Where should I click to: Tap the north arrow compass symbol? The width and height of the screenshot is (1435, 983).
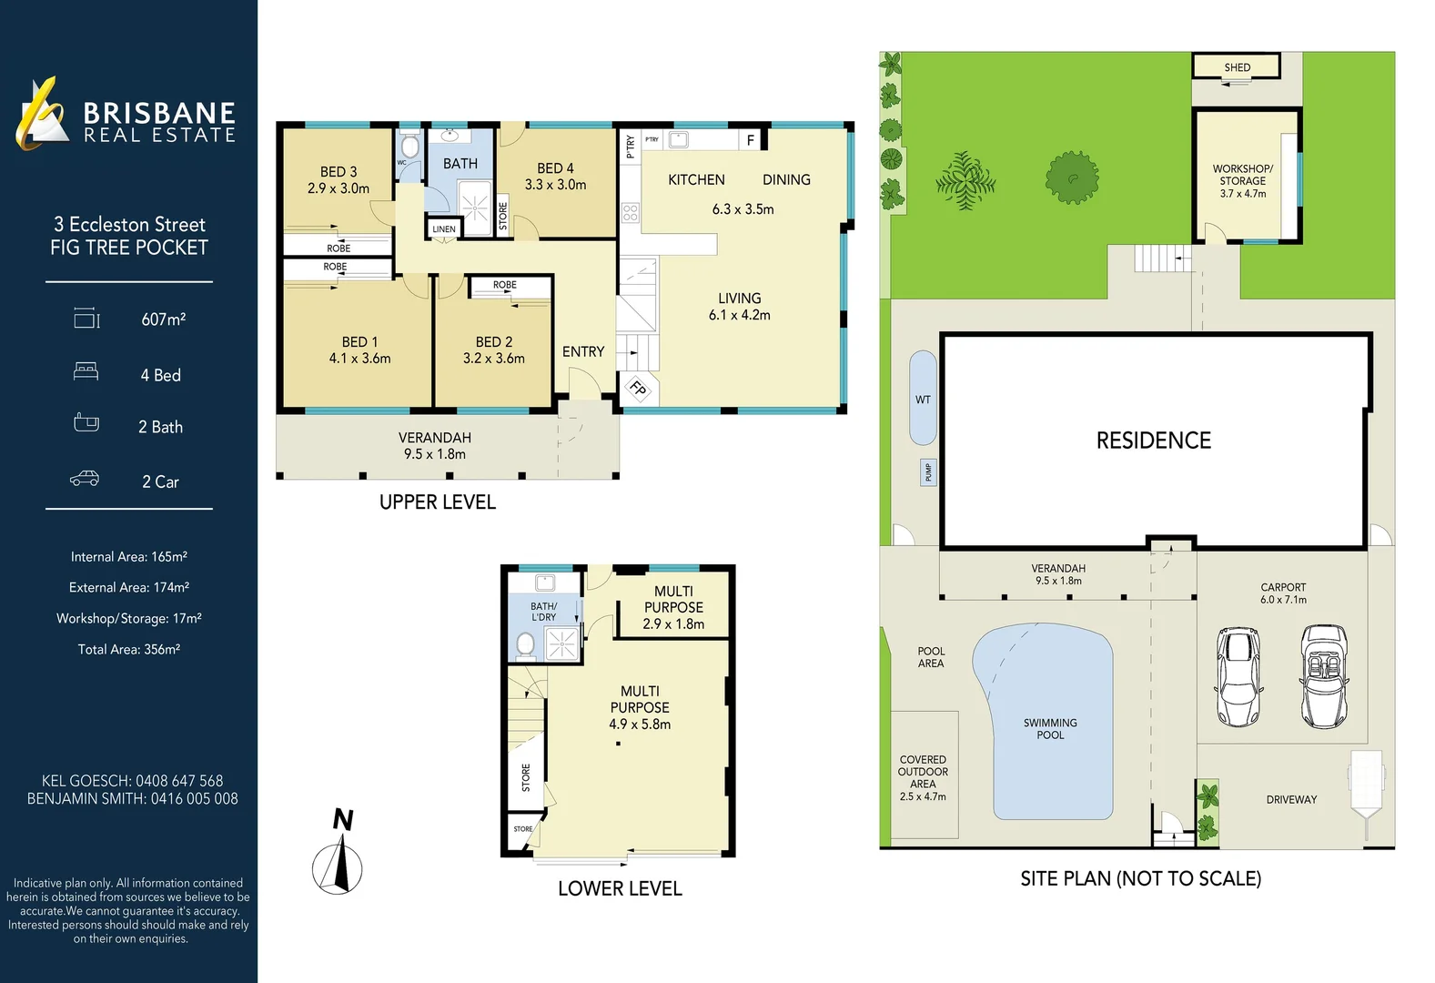click(x=339, y=860)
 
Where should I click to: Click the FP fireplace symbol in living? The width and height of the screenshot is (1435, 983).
click(x=638, y=390)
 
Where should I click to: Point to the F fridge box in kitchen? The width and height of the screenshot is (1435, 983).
click(x=750, y=140)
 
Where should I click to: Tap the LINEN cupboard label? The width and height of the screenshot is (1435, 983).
click(x=444, y=229)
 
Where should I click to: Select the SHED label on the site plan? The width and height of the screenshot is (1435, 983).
click(x=1237, y=67)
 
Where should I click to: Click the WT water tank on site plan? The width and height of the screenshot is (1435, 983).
click(x=923, y=399)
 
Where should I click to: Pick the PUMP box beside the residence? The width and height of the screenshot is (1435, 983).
click(x=928, y=472)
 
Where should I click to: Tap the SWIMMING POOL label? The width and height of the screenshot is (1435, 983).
click(x=1050, y=728)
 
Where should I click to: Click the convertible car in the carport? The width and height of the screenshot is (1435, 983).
click(x=1324, y=675)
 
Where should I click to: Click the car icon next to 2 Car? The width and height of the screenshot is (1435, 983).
click(x=85, y=479)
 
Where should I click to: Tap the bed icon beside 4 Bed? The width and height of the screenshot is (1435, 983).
click(x=86, y=372)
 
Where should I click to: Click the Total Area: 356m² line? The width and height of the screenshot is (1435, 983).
click(x=129, y=649)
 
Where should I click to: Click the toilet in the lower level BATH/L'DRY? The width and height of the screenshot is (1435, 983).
click(x=525, y=645)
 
